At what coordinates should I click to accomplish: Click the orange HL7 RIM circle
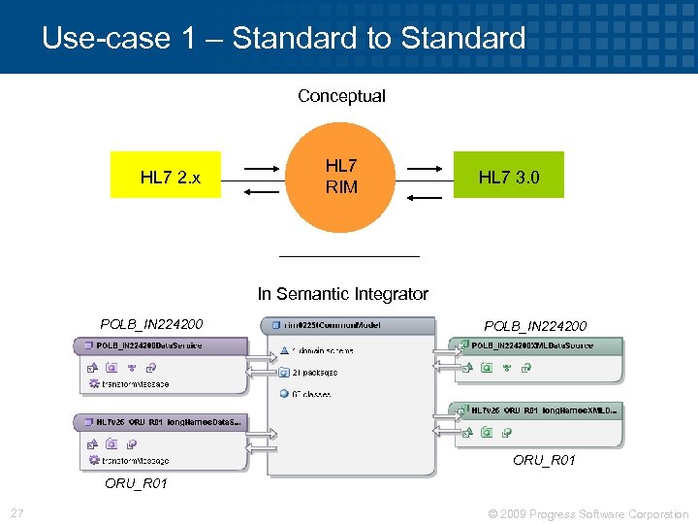point(341,176)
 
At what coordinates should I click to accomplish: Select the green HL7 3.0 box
point(508,176)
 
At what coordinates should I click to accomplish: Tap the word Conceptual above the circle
point(341,96)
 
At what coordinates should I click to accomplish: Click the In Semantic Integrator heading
point(342,293)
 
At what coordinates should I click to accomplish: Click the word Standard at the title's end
point(462,39)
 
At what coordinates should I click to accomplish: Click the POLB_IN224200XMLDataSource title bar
point(538,346)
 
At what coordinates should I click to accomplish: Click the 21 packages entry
point(314,372)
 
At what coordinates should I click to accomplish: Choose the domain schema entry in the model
point(320,350)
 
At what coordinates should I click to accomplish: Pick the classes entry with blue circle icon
point(310,394)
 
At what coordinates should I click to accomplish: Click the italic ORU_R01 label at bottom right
point(544,460)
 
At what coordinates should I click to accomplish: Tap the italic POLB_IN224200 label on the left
point(151,324)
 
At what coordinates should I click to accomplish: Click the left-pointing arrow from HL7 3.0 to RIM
point(424,197)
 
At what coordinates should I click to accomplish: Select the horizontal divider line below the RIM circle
point(349,255)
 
